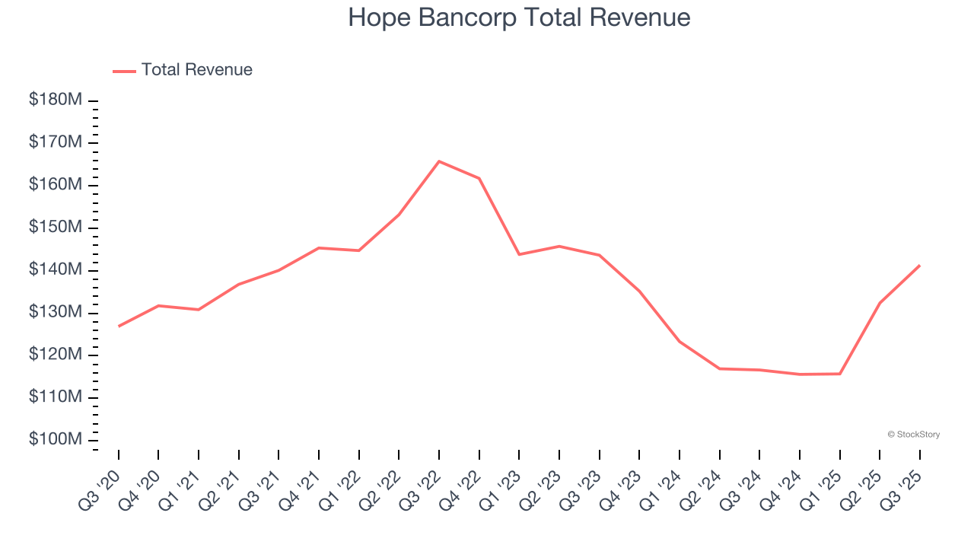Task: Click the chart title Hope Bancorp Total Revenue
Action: (519, 18)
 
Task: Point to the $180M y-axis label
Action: (56, 100)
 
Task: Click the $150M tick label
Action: (56, 228)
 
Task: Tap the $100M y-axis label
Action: (56, 440)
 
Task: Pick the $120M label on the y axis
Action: (56, 355)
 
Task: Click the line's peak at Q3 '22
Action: (439, 161)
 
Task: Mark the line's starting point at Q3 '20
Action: (119, 327)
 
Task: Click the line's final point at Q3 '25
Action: (920, 266)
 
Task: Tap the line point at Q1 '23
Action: (519, 254)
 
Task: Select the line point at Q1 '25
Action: (840, 374)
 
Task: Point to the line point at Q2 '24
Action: (720, 368)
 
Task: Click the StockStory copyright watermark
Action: (914, 435)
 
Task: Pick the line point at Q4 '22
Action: (479, 178)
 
